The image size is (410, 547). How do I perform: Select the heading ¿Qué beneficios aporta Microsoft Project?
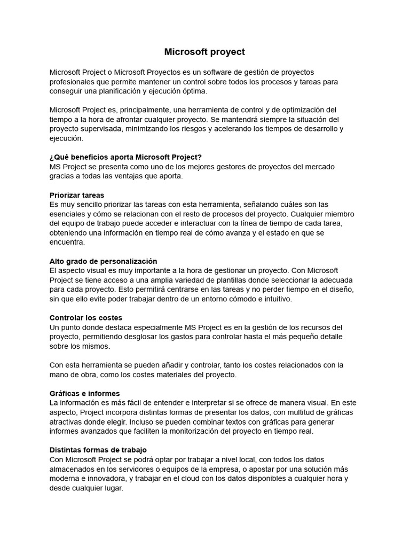point(125,157)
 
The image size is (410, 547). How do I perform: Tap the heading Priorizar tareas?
point(77,195)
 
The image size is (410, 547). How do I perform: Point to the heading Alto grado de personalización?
point(103,261)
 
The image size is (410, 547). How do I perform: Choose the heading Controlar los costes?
point(86,318)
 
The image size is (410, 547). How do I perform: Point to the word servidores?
point(138,469)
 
